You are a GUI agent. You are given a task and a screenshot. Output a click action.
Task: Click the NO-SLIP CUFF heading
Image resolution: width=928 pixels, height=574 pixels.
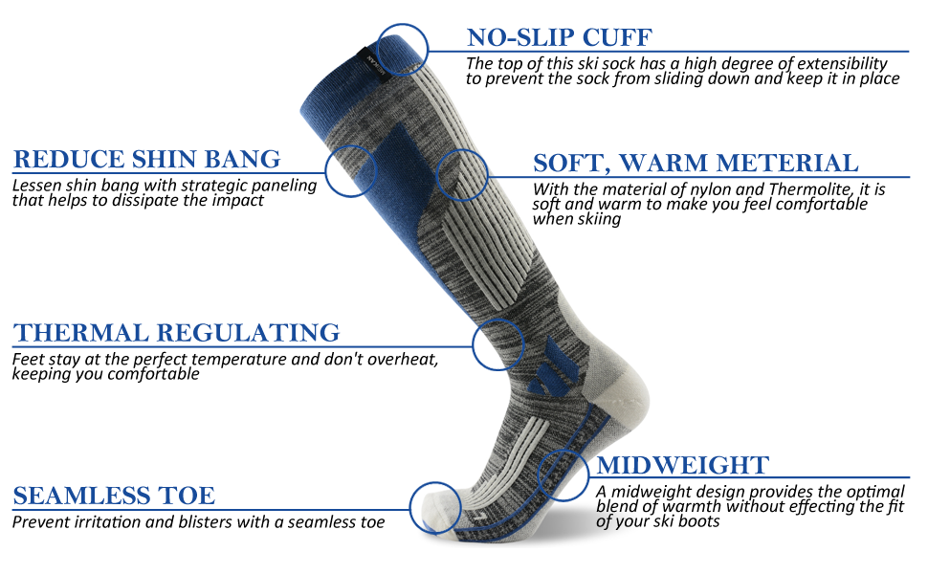559,38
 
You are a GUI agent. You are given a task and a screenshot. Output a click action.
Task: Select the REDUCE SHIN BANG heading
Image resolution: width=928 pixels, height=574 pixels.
146,159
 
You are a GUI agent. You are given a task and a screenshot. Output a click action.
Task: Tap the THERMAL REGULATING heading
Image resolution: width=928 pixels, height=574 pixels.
176,333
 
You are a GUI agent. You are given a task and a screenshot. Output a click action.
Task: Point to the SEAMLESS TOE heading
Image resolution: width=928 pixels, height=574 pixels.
114,496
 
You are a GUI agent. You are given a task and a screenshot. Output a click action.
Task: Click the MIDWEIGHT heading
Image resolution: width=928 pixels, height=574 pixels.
682,466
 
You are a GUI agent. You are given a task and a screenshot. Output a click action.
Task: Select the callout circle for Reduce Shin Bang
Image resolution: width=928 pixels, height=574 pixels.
350,171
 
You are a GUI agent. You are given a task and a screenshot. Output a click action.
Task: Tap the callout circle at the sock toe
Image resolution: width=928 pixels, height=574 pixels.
434,506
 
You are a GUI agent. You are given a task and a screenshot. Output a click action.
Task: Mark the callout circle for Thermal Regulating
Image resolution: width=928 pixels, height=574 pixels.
498,344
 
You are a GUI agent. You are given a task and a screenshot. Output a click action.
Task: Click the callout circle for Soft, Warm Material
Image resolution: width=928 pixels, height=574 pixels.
462,175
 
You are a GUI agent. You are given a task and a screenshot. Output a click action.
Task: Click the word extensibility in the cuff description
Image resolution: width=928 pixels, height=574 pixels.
847,64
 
